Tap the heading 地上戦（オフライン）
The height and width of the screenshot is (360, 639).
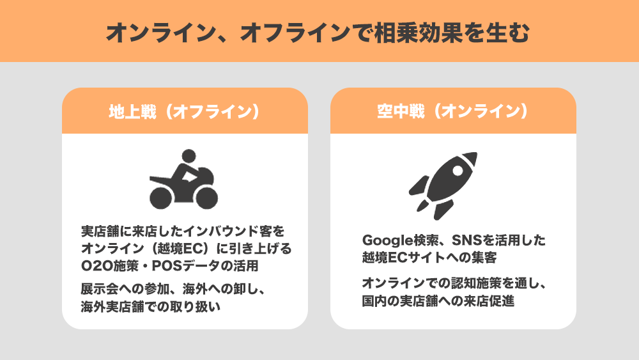185,111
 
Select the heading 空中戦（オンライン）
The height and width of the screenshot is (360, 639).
453,111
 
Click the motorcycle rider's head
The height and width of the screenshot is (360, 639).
189,157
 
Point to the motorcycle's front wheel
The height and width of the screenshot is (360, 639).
206,198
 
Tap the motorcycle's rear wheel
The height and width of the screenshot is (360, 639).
161,198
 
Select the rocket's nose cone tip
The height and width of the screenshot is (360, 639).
477,153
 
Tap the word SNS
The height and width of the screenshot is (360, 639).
467,240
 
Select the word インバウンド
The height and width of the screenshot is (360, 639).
220,231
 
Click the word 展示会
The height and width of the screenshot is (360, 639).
100,289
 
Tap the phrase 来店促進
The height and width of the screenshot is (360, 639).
489,301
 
